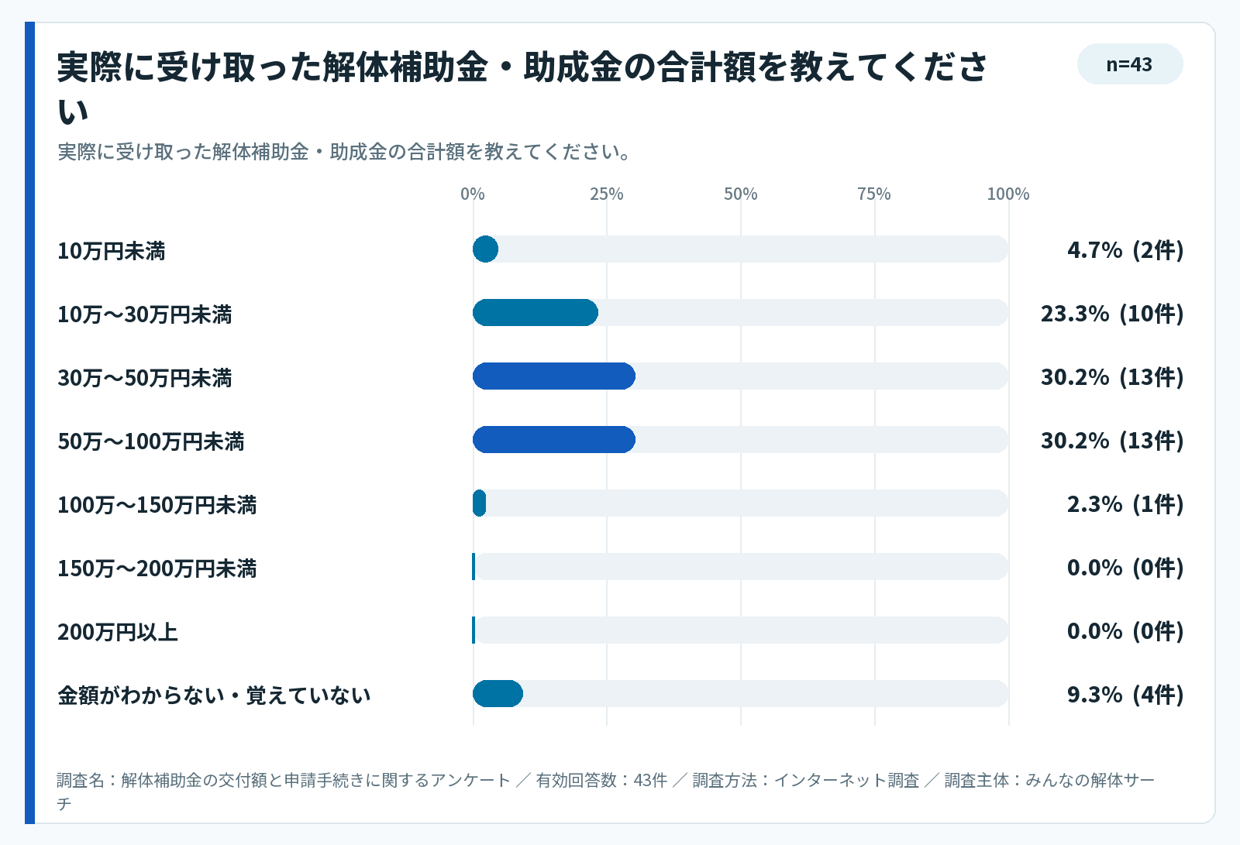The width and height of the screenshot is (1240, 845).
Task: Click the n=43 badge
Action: click(x=1130, y=64)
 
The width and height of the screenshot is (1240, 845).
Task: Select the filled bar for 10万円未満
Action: click(x=485, y=249)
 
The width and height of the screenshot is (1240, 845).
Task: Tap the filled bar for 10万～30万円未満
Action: click(x=536, y=313)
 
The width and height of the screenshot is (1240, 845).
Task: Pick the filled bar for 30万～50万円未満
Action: click(x=554, y=376)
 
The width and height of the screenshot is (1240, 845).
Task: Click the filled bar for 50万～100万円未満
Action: click(x=554, y=440)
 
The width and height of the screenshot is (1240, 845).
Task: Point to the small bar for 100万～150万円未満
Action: click(x=480, y=503)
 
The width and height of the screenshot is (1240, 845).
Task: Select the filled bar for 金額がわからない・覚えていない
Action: click(x=498, y=693)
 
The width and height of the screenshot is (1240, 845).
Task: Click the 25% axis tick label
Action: click(x=607, y=194)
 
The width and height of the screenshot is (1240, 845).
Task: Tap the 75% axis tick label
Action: click(x=875, y=194)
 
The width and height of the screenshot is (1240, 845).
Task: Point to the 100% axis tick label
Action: click(x=1008, y=194)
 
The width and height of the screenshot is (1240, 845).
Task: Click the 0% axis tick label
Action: click(x=473, y=194)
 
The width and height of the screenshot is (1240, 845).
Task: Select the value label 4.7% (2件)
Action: click(x=1125, y=250)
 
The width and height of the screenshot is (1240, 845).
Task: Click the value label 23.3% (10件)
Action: click(x=1112, y=314)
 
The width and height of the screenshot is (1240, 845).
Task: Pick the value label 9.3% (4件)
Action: click(x=1125, y=695)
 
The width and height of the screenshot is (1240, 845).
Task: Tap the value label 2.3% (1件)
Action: click(x=1125, y=504)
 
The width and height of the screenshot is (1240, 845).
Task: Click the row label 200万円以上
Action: click(x=118, y=632)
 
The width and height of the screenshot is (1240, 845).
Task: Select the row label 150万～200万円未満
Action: click(x=157, y=568)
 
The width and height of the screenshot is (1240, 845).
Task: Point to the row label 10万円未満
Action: click(x=112, y=251)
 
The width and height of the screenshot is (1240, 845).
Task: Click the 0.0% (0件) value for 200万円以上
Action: click(x=1125, y=630)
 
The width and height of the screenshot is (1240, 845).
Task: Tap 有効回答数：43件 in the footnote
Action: click(x=601, y=780)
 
